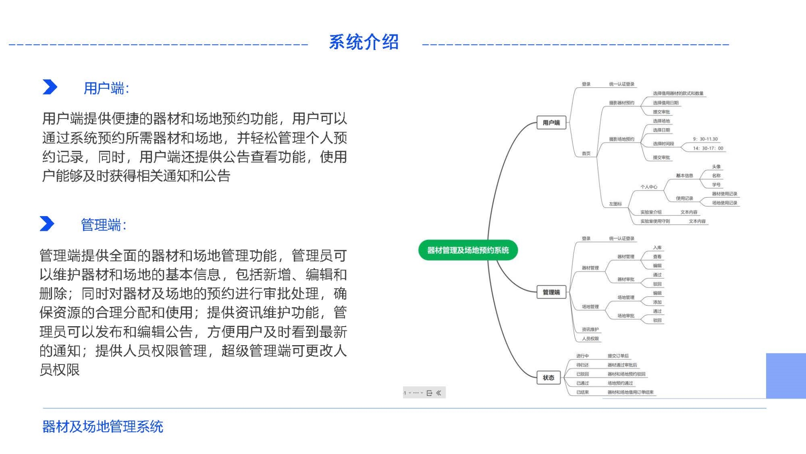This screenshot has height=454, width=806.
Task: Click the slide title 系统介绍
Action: (x=364, y=42)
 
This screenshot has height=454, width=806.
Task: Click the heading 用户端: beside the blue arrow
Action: (x=106, y=88)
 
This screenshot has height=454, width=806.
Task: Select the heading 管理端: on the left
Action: (x=103, y=225)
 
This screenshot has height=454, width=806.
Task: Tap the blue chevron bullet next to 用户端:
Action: (x=50, y=87)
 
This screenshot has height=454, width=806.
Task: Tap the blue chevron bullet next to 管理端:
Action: (x=47, y=224)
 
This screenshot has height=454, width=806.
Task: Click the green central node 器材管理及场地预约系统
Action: (x=468, y=251)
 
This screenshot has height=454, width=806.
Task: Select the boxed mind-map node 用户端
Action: (x=551, y=123)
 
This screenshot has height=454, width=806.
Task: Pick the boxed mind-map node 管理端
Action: (x=551, y=292)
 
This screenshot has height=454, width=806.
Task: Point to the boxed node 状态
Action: (x=548, y=377)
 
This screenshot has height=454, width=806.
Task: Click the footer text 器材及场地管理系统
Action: (x=102, y=427)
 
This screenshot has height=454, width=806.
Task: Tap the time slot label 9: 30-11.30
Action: (x=705, y=139)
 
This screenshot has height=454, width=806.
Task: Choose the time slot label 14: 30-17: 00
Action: (x=708, y=148)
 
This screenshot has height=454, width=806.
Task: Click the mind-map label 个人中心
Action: (x=649, y=187)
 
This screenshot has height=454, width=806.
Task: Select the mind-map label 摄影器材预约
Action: (x=621, y=103)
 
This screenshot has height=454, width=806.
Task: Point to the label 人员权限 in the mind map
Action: (x=590, y=339)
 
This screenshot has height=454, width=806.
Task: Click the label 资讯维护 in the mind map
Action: (x=590, y=330)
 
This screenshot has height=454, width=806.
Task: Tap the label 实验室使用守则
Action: (x=655, y=222)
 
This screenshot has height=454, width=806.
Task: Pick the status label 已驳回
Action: (x=582, y=374)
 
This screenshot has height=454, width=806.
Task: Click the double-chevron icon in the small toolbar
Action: (x=439, y=393)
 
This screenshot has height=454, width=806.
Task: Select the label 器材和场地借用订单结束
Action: (x=631, y=393)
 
